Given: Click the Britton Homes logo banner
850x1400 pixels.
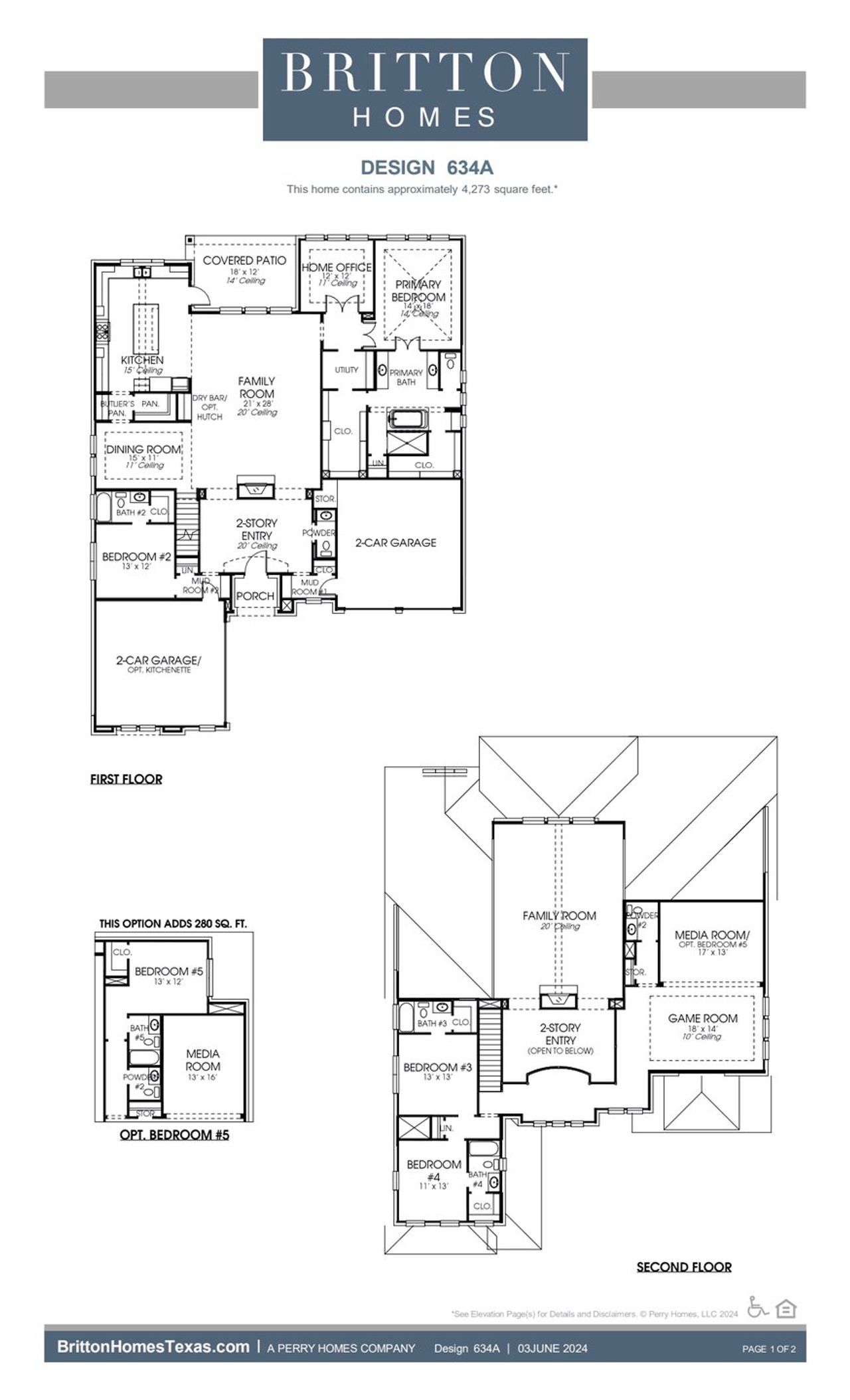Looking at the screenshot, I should (425, 90).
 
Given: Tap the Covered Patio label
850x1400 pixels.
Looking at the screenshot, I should (244, 261).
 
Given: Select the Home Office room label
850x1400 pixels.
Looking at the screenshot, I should (337, 268).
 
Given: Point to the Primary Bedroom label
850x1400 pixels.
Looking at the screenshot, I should (418, 291).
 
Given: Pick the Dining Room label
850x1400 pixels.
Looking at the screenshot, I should (143, 449).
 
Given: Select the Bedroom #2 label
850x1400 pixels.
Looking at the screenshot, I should (136, 557).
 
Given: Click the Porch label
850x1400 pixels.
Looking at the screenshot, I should (255, 596).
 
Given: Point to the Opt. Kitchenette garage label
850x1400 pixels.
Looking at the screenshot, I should (159, 670).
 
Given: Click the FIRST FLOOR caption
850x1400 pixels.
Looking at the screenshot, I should (126, 779).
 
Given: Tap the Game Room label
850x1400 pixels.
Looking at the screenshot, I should (703, 1018).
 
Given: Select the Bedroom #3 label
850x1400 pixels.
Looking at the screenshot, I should (438, 1067).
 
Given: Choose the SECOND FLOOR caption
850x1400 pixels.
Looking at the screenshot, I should (684, 1267).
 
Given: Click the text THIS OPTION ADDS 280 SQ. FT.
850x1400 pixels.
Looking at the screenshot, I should (173, 923).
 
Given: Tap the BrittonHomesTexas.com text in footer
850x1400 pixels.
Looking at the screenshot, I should (153, 1347).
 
